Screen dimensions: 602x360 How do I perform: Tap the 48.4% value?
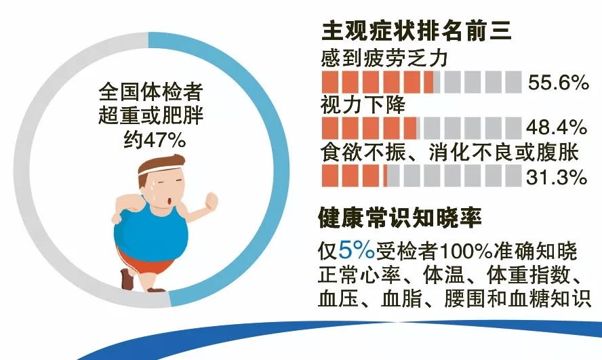click(x=557, y=127)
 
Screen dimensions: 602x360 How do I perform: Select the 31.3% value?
click(x=557, y=178)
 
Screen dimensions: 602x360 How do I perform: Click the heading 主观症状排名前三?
click(x=416, y=30)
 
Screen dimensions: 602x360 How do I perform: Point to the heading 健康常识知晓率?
click(x=400, y=218)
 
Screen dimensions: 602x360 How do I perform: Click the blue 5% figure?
click(x=357, y=251)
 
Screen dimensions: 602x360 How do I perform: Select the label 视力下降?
click(x=363, y=104)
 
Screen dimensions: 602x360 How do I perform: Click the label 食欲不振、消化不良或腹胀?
click(x=449, y=153)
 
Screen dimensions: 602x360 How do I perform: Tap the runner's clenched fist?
click(x=212, y=201)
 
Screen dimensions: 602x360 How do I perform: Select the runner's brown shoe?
click(x=127, y=278)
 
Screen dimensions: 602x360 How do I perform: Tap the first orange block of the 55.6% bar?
click(x=329, y=82)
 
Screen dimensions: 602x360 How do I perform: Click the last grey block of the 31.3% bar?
click(x=513, y=176)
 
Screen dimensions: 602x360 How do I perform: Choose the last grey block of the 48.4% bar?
click(x=513, y=128)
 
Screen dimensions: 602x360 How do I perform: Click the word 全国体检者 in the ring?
click(x=151, y=92)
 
